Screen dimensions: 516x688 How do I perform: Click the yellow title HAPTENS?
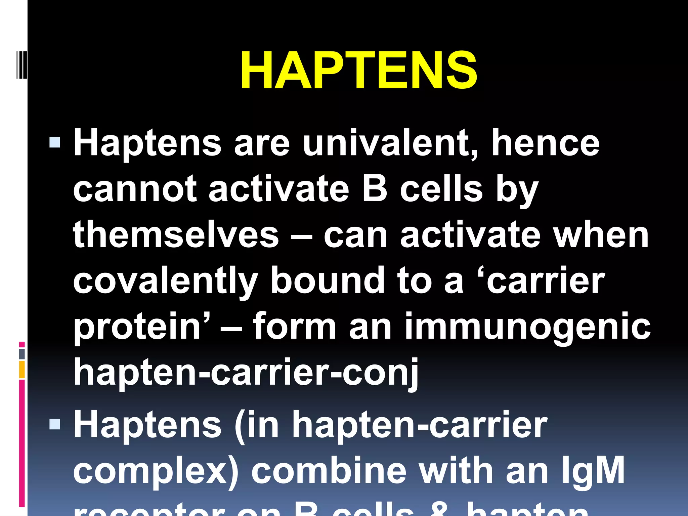point(358,71)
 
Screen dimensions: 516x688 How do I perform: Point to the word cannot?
point(134,189)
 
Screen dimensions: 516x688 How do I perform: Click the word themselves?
point(176,235)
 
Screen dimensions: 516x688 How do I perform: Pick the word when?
point(601,235)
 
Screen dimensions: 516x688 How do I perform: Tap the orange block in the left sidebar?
point(22,370)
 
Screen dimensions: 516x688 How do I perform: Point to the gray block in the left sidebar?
point(22,354)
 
